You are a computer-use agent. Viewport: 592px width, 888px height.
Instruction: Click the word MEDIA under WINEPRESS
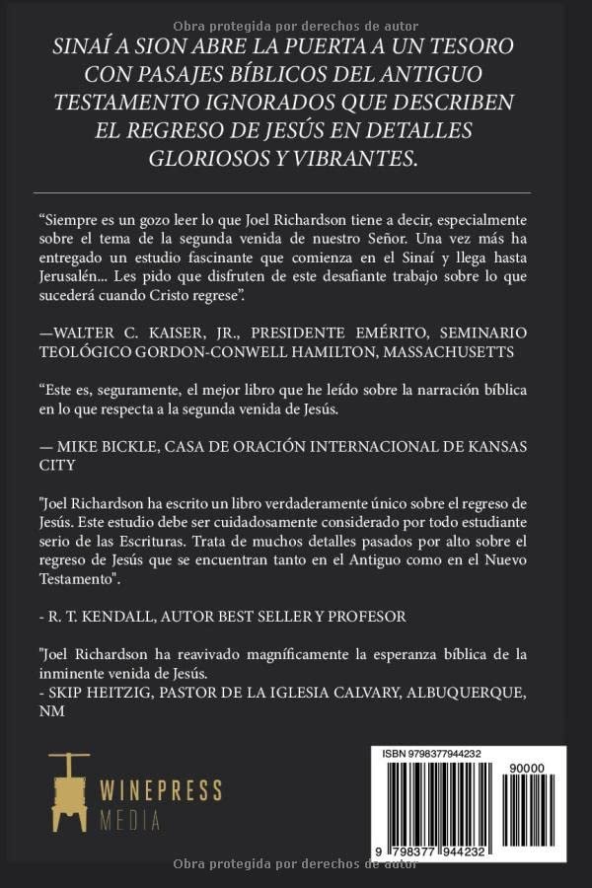(128, 820)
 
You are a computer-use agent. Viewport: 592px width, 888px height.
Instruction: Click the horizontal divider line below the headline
(295, 192)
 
